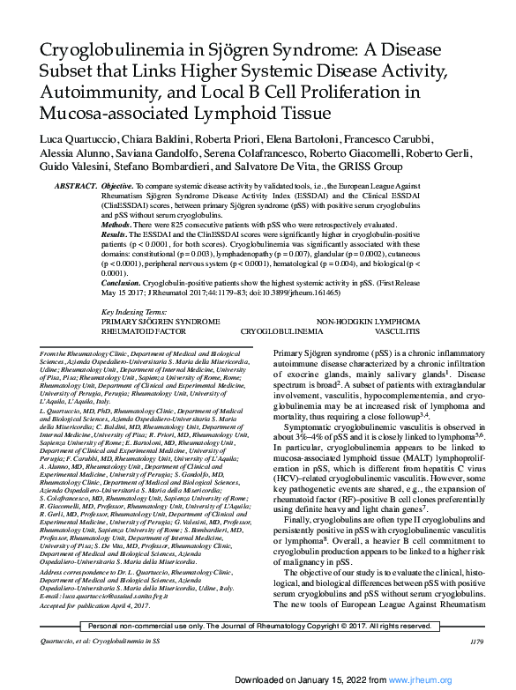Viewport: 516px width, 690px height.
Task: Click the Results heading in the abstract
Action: click(x=116, y=237)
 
